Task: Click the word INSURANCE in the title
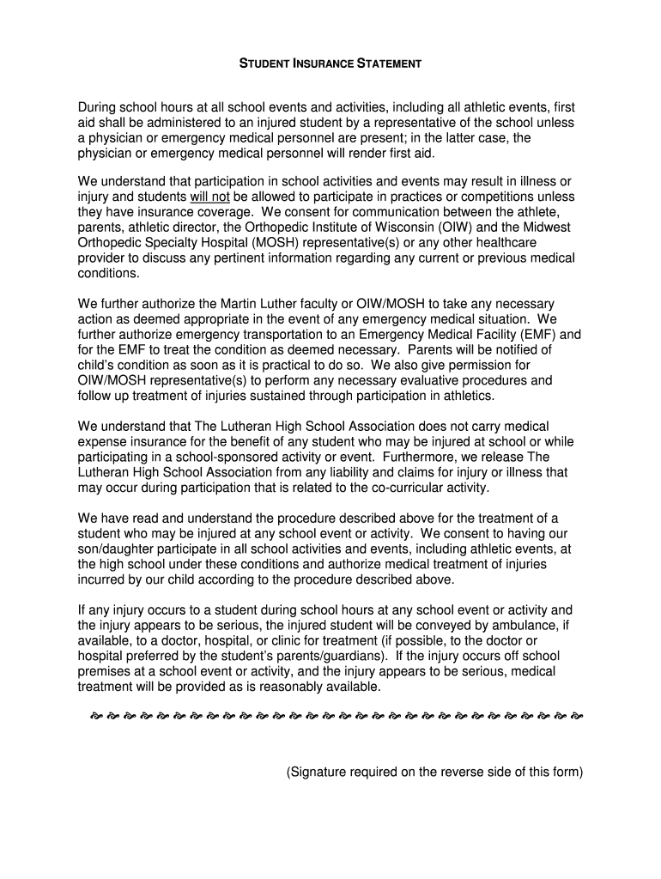point(322,64)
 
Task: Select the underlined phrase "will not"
point(209,197)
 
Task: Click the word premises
point(106,671)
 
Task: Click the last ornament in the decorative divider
point(577,715)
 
